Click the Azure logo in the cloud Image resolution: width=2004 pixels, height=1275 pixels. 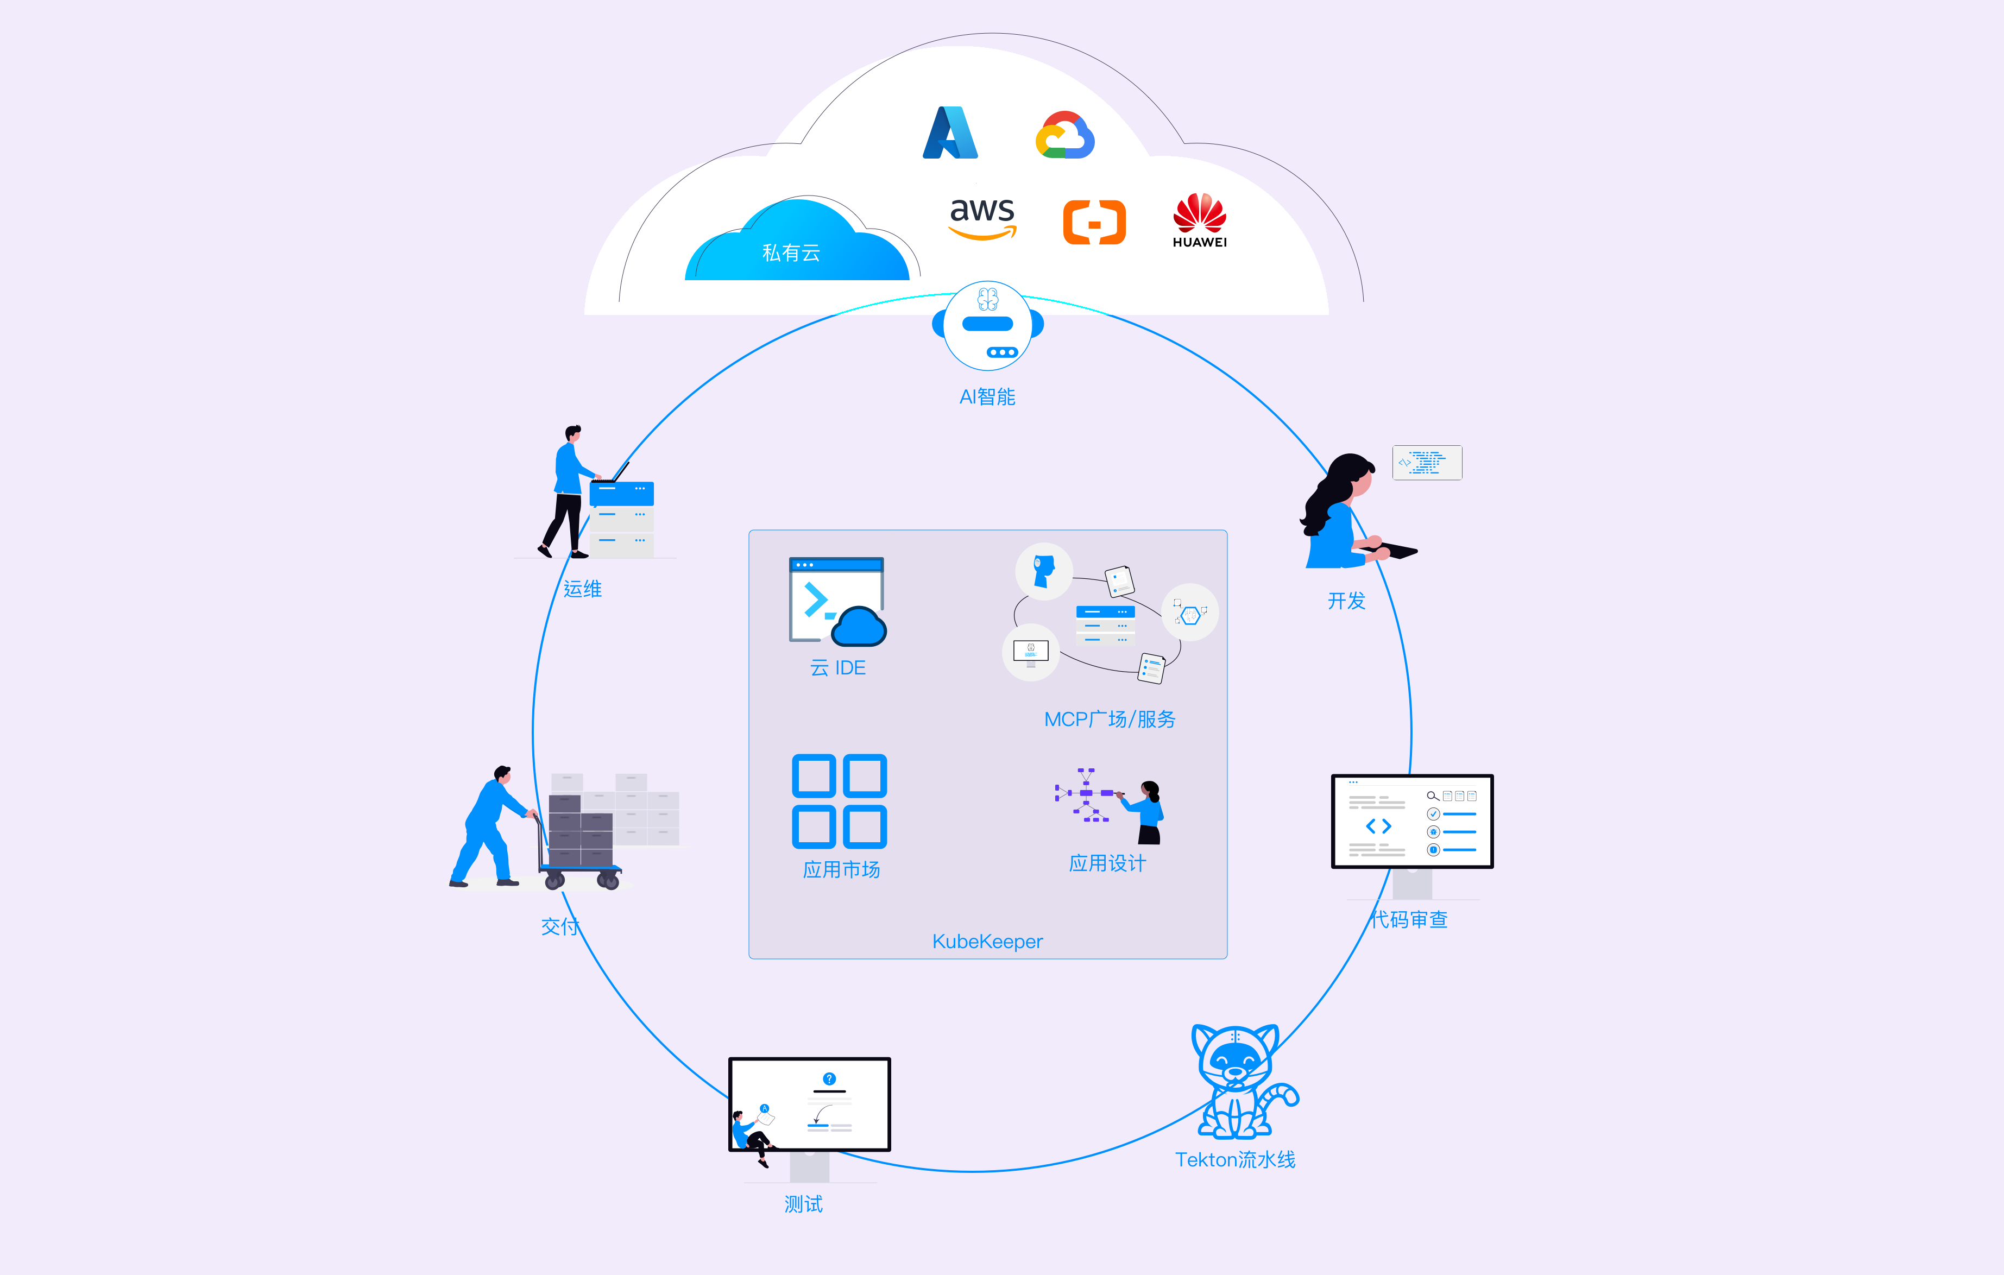950,133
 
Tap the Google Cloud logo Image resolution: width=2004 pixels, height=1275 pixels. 1064,136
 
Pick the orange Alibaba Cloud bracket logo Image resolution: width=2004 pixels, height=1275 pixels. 1094,222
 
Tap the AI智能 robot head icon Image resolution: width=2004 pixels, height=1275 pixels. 988,325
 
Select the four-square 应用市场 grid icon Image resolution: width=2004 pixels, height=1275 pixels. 839,800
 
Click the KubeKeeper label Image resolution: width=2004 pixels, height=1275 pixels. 987,941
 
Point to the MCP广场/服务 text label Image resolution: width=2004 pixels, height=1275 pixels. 1110,719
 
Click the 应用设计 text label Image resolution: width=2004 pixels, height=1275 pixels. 1107,863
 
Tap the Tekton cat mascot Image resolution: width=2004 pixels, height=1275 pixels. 1238,1081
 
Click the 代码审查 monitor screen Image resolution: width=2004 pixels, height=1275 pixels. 1412,822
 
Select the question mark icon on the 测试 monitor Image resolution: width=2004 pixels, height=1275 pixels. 829,1078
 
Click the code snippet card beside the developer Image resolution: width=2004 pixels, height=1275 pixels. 1427,463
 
